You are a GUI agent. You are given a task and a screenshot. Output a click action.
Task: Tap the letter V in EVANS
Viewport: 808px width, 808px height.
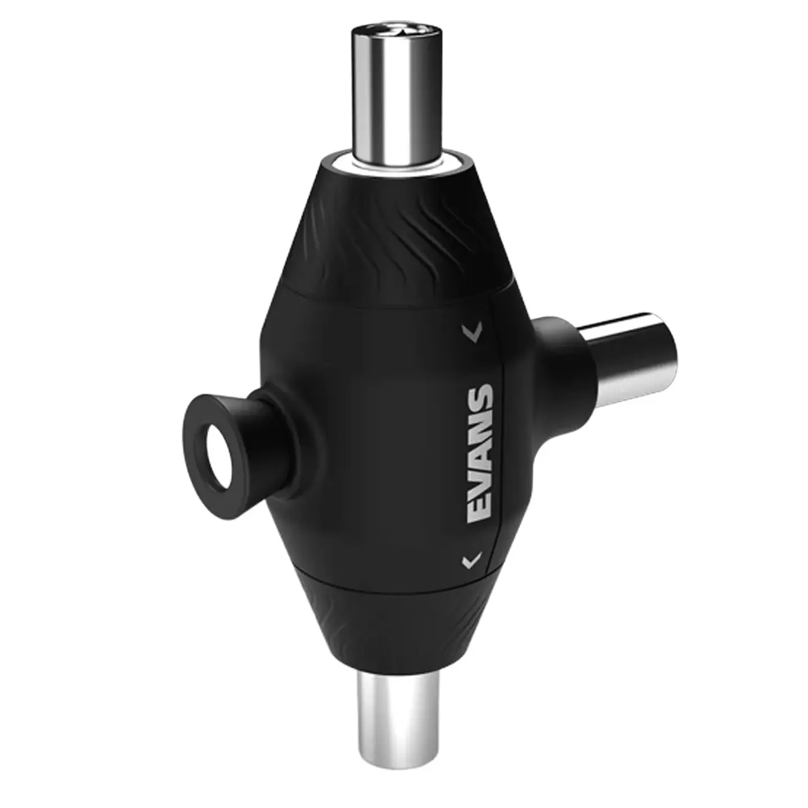pos(481,483)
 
